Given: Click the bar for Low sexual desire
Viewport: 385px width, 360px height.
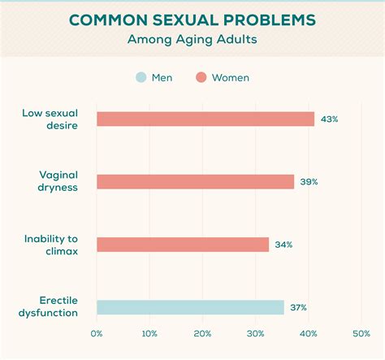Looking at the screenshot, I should tap(205, 119).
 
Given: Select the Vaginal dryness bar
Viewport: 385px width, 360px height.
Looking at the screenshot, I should tap(195, 182).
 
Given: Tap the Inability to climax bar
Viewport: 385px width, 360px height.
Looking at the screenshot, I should tap(182, 245).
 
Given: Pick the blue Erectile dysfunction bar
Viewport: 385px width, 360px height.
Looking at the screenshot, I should tap(190, 307).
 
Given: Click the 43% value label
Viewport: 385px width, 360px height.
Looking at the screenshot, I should tap(329, 119).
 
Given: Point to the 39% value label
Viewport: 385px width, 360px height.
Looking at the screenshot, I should tap(309, 182).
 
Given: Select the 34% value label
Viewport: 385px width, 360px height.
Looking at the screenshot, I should tap(283, 245).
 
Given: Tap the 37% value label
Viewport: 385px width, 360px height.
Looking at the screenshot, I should tap(299, 307).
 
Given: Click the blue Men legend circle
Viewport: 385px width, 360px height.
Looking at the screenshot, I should tap(140, 78).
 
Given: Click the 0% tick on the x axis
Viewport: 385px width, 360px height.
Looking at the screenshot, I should tap(97, 334).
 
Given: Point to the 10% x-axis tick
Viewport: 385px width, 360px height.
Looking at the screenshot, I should tap(149, 334).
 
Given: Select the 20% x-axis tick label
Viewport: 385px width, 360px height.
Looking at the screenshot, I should tap(202, 334).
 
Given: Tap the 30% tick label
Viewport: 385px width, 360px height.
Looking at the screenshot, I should tap(255, 334).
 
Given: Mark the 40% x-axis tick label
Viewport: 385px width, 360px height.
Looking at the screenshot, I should tap(309, 334).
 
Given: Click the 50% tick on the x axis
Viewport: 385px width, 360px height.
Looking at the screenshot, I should tap(361, 334).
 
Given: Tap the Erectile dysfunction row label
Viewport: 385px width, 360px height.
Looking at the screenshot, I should tap(50, 306).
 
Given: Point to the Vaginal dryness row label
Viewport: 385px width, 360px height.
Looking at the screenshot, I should tap(58, 181).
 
